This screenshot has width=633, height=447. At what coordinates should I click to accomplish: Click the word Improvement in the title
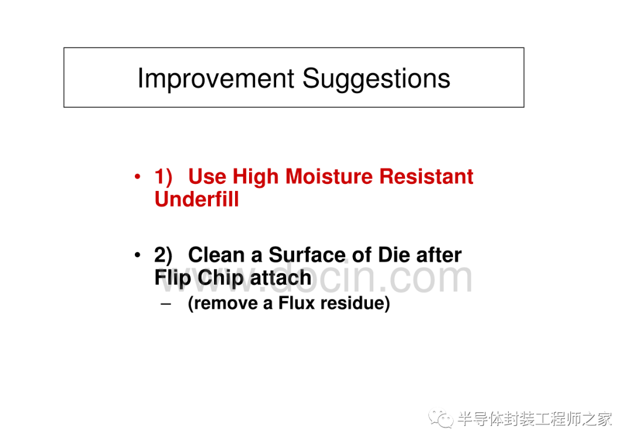216,79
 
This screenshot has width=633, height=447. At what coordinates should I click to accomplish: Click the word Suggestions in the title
376,79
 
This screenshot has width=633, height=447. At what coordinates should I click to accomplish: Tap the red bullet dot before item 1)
138,176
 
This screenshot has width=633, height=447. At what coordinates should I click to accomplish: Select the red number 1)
163,177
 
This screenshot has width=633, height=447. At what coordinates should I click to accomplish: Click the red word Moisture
329,176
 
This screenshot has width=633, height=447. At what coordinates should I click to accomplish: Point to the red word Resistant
426,176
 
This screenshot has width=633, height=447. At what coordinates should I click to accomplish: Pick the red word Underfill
196,199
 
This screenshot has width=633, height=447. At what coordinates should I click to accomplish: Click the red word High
256,177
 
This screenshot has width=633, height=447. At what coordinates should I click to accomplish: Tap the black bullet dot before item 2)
138,255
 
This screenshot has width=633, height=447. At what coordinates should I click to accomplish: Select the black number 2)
163,255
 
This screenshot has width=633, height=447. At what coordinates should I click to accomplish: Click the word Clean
216,255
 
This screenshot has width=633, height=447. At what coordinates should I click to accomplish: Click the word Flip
172,278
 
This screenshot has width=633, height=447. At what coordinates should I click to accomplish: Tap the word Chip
220,278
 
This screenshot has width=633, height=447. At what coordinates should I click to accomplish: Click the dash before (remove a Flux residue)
165,304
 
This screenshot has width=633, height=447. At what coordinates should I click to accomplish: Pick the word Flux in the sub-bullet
297,303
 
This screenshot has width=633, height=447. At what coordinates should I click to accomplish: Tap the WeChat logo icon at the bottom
441,419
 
